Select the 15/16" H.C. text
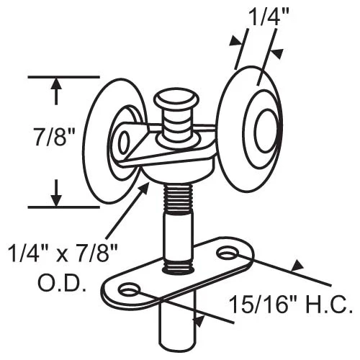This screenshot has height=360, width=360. point(291,305)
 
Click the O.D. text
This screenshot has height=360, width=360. point(62,284)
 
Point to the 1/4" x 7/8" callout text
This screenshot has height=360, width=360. point(63,253)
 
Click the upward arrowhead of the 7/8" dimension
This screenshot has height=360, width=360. point(56,84)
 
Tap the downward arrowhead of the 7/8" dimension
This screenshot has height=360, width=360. point(56,199)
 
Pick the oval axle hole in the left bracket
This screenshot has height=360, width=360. point(124,143)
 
